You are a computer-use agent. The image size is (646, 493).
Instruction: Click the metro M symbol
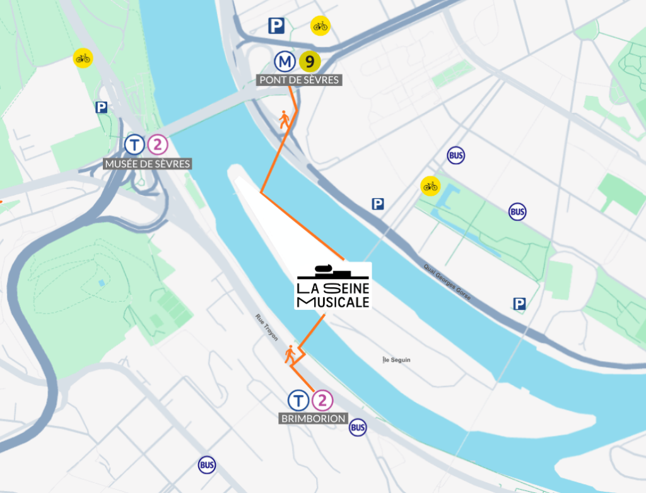tap(285, 61)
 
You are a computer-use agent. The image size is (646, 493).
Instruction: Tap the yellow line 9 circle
tap(310, 61)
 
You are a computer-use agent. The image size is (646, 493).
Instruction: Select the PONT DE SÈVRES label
tap(300, 80)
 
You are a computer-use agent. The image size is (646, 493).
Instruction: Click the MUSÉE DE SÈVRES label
tap(147, 164)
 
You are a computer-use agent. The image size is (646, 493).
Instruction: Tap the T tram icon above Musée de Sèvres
tap(134, 145)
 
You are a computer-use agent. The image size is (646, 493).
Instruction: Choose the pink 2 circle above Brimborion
tap(322, 400)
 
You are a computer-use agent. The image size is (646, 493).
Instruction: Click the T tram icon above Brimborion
tap(298, 400)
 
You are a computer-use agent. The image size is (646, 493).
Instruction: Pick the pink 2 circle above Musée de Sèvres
tap(157, 145)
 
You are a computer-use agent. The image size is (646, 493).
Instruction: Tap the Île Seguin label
tap(397, 360)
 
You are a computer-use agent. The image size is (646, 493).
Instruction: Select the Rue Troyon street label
tap(267, 328)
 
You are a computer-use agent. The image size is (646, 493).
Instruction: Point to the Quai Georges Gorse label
tap(447, 282)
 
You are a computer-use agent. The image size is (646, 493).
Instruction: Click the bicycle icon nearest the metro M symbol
tap(320, 26)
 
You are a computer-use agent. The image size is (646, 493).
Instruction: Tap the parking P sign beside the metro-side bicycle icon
tap(276, 26)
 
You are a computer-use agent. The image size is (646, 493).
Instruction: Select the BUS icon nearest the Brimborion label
tap(358, 427)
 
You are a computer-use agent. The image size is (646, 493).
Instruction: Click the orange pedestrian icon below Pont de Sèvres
tap(285, 119)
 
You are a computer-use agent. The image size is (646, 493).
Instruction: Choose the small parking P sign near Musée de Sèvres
tap(101, 108)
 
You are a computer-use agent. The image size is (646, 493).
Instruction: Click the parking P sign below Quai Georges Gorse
tap(519, 305)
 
